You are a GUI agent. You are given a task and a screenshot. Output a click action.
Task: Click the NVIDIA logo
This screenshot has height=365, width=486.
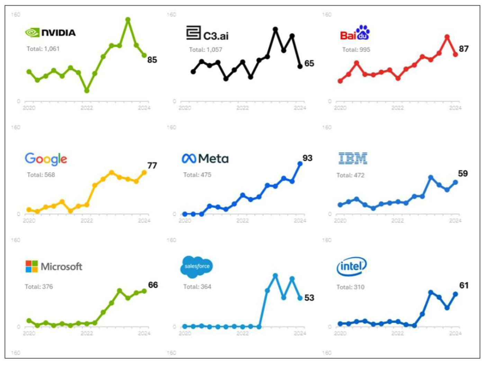click(50, 33)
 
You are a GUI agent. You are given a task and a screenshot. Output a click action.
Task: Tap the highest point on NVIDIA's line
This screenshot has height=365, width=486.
click(128, 20)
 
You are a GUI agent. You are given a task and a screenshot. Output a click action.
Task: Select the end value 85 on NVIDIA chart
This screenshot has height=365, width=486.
click(152, 60)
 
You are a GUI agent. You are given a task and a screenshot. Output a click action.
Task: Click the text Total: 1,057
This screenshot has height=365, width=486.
click(206, 50)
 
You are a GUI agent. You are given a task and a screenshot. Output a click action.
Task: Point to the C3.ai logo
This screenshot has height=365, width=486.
click(207, 34)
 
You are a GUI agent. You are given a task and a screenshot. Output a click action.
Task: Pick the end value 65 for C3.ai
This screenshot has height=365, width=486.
click(309, 63)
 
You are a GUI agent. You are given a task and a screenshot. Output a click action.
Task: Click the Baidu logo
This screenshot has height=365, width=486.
click(355, 33)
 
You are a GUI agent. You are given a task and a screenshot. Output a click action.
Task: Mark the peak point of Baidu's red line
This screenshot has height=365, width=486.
click(447, 37)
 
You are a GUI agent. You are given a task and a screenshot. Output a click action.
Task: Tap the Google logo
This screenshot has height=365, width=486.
click(46, 159)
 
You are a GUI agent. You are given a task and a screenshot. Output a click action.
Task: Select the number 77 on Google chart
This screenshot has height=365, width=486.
click(152, 165)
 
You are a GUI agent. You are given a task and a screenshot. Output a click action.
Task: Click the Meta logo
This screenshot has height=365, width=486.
click(205, 159)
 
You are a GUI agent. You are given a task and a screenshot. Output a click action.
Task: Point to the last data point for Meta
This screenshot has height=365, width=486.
click(300, 163)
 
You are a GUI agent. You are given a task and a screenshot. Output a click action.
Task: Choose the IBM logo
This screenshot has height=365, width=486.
click(353, 158)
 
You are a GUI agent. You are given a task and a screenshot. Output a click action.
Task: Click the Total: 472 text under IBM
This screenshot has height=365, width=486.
click(350, 175)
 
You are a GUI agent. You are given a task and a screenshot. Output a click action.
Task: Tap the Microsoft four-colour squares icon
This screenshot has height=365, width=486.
click(31, 266)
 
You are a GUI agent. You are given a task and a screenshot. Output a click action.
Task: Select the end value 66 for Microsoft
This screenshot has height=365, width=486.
click(153, 285)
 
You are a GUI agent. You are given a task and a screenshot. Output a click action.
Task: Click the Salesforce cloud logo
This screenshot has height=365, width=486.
click(197, 266)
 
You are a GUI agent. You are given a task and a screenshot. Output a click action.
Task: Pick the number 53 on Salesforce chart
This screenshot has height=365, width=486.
click(309, 298)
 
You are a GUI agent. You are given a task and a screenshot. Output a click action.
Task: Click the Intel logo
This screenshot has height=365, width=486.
click(351, 266)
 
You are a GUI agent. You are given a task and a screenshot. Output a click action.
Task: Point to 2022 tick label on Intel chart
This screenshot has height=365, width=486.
click(397, 333)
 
